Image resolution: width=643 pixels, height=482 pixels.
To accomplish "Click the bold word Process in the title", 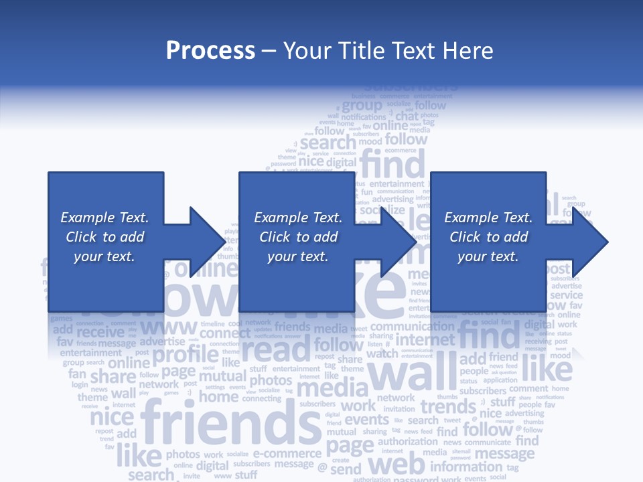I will coord(210,50).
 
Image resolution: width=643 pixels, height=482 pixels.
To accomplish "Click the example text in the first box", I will coord(105,237).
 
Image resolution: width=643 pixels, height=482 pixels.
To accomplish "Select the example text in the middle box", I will coord(298,237).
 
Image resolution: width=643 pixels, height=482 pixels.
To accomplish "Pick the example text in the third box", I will coord(488,237).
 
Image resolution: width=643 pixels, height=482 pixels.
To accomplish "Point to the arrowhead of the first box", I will coord(204,242).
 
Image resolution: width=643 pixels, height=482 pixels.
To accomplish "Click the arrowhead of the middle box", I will coord(396,242).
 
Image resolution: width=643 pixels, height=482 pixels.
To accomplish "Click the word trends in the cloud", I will coord(447,406).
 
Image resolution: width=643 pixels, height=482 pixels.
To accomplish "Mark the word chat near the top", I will coord(407,116).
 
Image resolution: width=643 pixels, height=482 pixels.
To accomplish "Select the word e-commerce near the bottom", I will coord(287,454).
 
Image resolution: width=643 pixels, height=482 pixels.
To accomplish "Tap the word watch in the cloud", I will coord(382,353).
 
